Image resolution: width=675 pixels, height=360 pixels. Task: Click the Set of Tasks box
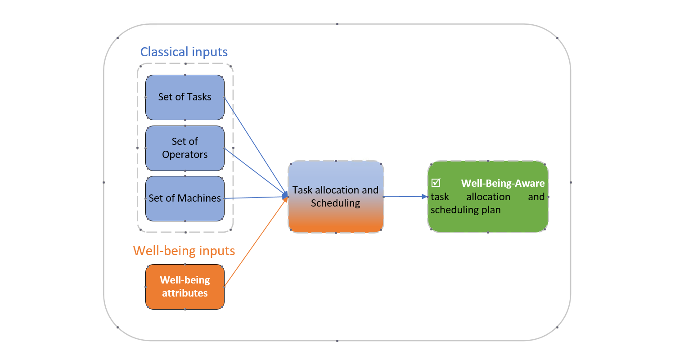point(184,97)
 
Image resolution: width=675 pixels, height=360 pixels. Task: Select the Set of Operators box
point(184,148)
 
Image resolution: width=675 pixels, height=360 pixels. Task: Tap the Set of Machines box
point(184,198)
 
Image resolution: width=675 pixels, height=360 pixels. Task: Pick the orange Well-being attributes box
point(184,287)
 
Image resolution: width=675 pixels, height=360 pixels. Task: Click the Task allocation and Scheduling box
point(336,197)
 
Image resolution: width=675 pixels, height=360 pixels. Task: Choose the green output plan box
point(488,197)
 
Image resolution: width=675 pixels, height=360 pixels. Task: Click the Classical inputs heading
point(184,52)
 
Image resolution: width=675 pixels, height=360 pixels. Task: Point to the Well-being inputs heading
point(184,251)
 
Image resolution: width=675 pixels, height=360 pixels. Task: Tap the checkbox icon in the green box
point(436,183)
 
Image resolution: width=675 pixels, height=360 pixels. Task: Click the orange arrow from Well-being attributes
point(256,242)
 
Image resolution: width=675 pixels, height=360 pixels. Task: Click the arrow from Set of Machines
point(256,197)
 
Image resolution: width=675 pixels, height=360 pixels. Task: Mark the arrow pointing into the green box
point(405,196)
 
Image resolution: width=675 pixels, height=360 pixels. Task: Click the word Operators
point(184,154)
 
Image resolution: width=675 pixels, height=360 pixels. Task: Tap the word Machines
point(199,198)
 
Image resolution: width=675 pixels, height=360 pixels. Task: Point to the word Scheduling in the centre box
point(335,203)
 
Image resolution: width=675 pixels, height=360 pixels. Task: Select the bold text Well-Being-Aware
point(503,183)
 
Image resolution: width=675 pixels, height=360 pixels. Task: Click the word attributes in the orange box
point(184,293)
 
